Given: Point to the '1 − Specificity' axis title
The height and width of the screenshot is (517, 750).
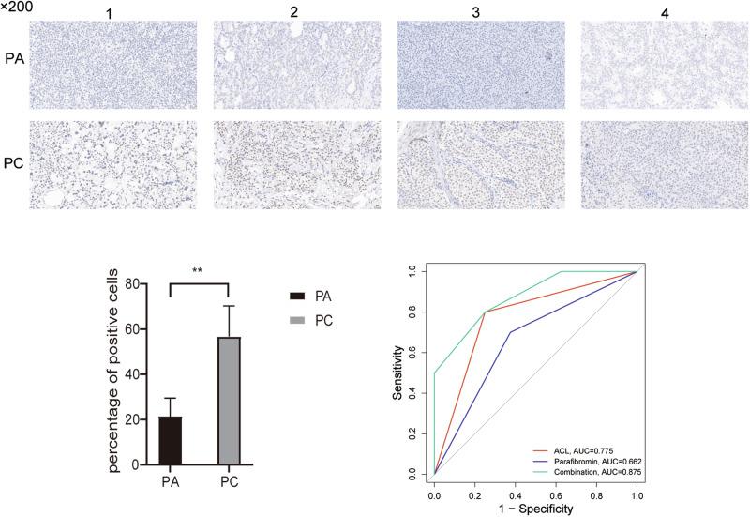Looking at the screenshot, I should [x=535, y=509].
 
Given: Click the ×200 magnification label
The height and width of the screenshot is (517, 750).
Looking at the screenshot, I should [x=17, y=8].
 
